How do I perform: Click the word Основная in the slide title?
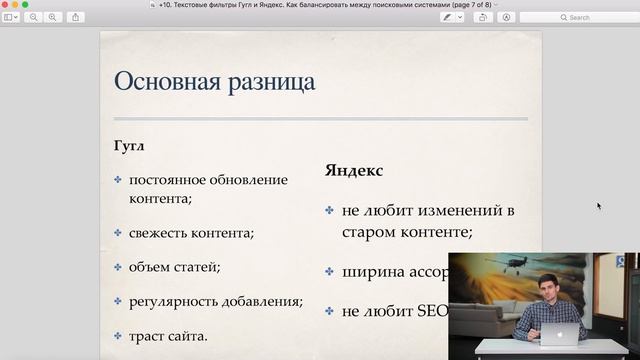click(x=164, y=81)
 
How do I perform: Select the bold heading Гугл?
click(x=129, y=146)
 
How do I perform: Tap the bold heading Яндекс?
click(x=354, y=170)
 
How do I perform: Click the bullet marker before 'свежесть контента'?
click(x=118, y=232)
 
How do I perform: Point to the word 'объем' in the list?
click(x=148, y=267)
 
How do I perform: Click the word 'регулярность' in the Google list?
click(x=171, y=301)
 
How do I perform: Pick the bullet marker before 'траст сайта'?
click(x=118, y=335)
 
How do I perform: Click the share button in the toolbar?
click(x=75, y=17)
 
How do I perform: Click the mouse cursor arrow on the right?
click(x=599, y=206)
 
